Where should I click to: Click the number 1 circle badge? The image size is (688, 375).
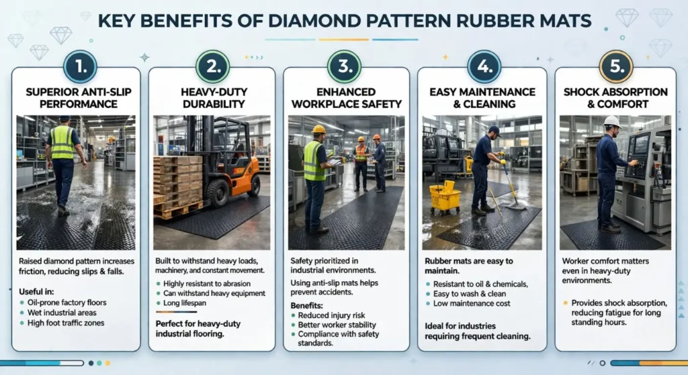[79, 67]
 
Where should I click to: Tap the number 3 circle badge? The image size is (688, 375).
[345, 67]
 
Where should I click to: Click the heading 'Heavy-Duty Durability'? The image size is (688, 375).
[211, 97]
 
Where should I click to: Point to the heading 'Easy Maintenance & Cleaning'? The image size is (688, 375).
[482, 97]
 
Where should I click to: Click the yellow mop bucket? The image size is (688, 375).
[445, 197]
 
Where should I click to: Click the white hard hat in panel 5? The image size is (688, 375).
[611, 121]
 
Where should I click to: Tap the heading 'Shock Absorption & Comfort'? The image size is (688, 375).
[615, 97]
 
